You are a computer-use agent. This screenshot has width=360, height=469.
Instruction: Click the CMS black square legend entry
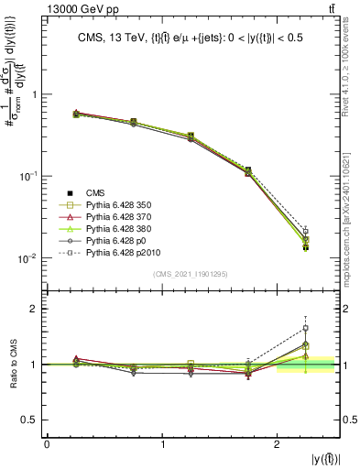(x=96, y=193)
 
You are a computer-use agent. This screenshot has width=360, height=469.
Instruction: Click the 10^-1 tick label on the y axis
(x=27, y=176)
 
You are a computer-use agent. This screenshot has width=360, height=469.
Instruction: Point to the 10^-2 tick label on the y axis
(x=27, y=258)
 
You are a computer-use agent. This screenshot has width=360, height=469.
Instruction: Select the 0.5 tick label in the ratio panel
(x=29, y=420)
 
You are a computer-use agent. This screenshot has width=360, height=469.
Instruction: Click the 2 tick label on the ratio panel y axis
(x=35, y=309)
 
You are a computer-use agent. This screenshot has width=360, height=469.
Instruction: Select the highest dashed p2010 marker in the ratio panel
(x=305, y=328)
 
